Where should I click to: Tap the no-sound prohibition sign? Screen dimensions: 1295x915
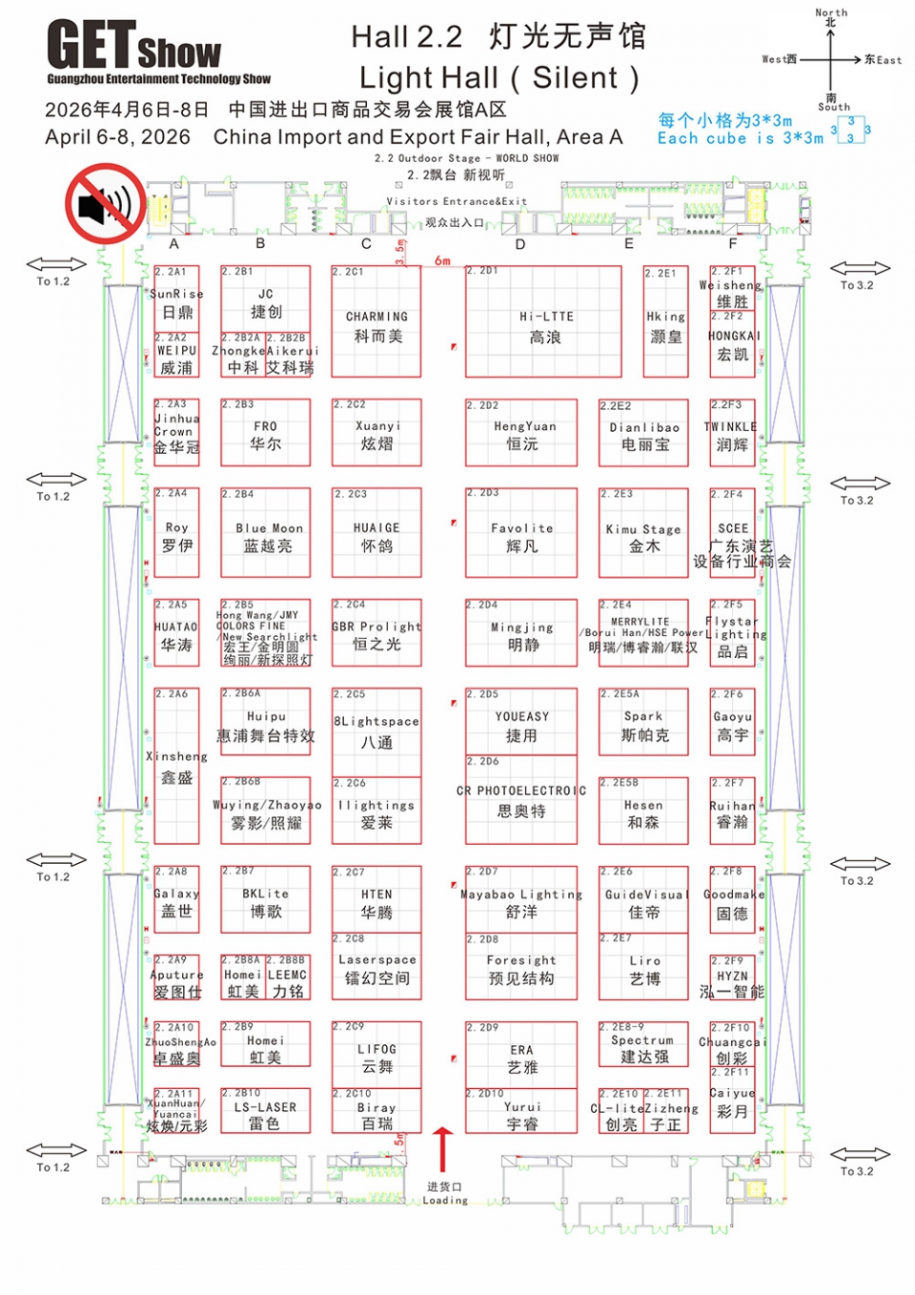[105, 203]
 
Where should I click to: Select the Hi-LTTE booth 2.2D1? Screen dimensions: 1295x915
[543, 321]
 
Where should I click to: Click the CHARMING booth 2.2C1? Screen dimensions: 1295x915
[376, 321]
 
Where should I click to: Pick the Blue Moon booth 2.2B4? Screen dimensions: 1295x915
[266, 533]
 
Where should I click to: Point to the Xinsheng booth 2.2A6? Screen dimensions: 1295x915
[177, 766]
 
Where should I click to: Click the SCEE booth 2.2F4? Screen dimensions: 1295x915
[733, 533]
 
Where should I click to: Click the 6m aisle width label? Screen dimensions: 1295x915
[443, 260]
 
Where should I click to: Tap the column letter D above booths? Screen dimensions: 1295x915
[520, 244]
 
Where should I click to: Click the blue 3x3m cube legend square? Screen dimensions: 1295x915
[851, 130]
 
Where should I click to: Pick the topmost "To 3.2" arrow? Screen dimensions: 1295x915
[860, 269]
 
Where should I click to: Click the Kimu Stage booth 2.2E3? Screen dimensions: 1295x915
[643, 533]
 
